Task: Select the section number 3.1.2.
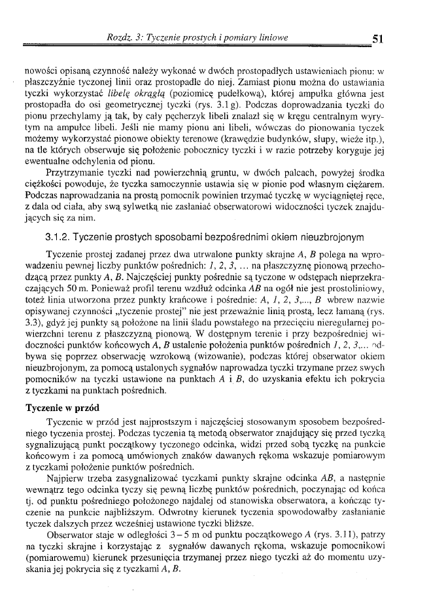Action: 58,236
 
